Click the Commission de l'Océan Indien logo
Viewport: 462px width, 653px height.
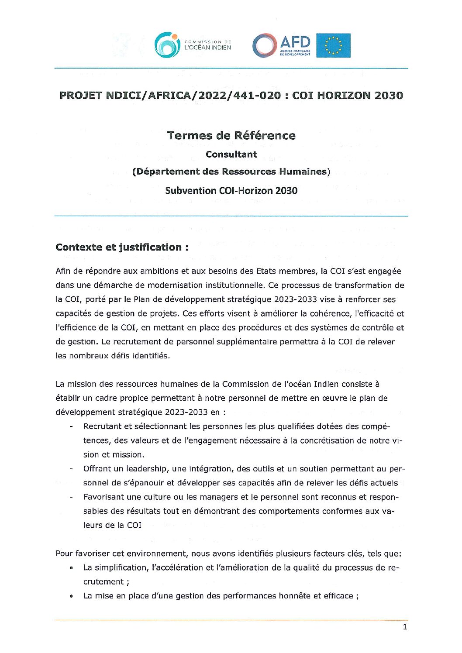pos(193,45)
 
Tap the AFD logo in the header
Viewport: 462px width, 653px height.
pos(282,45)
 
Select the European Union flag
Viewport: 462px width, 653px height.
pos(333,45)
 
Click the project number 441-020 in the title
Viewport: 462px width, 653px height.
pos(259,96)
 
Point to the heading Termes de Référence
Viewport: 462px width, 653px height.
pos(231,136)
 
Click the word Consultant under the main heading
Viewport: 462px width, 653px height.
pos(231,155)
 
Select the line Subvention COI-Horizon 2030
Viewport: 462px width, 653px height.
pos(231,191)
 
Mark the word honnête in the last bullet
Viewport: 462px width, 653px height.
pos(294,596)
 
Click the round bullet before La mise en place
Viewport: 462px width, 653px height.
pos(71,596)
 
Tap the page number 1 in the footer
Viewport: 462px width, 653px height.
pos(405,627)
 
